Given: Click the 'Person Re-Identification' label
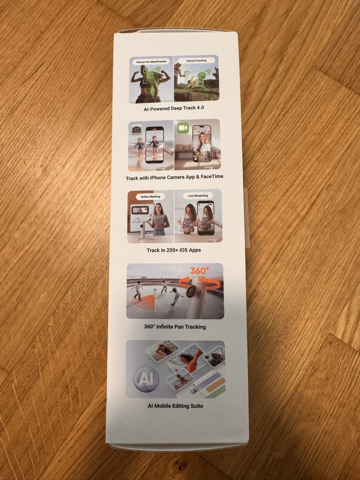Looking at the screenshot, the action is [x=151, y=62].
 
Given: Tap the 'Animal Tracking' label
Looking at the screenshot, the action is [x=196, y=60].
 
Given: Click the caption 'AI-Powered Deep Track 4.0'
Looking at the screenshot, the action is [x=174, y=108].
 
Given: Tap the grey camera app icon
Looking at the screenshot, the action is [x=137, y=130].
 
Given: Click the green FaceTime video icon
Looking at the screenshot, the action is [x=183, y=128].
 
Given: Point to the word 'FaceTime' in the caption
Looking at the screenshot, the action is [x=212, y=176].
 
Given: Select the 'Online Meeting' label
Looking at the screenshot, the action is [x=150, y=196].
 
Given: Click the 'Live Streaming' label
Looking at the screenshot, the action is [x=198, y=196].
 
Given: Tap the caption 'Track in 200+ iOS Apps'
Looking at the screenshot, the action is [x=174, y=250].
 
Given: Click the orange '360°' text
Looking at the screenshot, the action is [x=198, y=271].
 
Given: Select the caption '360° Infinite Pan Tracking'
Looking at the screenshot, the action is [x=175, y=327].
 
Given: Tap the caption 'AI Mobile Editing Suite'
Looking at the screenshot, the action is [x=175, y=406].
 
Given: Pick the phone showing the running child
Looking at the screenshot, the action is [x=155, y=145].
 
